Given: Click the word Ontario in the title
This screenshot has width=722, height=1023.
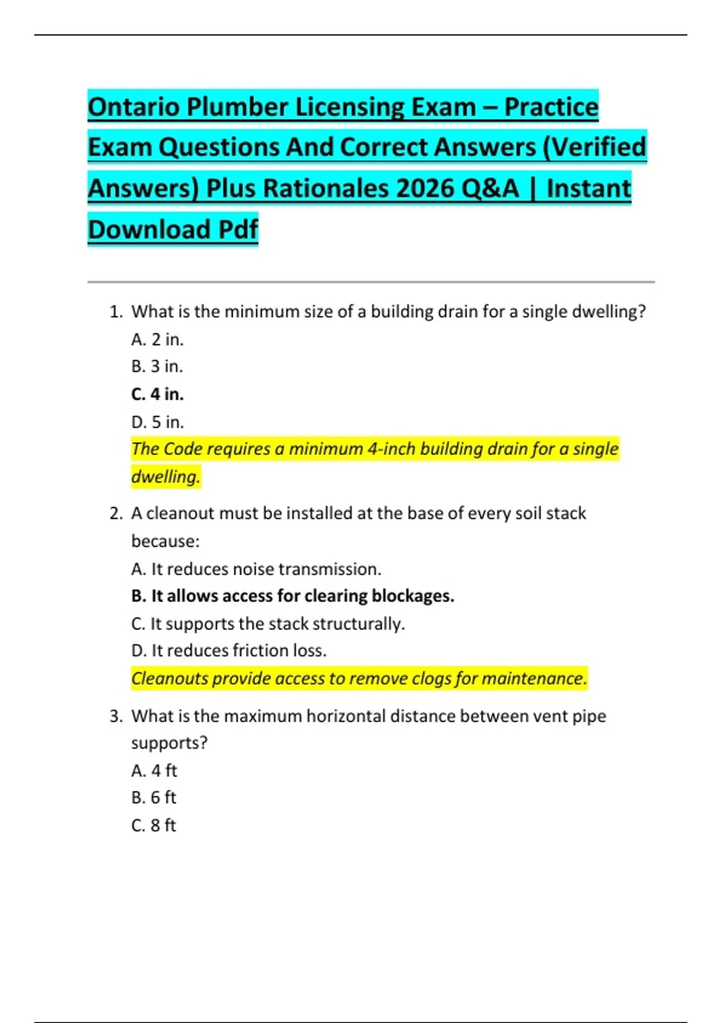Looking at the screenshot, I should (x=133, y=107).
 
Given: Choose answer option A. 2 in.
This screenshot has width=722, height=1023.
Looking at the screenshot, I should (x=157, y=339).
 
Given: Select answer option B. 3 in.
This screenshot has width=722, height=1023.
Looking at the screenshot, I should (x=157, y=366).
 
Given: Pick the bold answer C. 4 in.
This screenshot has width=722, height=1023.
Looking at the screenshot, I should (x=157, y=394).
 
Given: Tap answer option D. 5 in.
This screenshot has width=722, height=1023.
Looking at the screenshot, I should (x=157, y=422).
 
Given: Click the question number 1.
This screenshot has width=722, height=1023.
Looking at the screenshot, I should (x=116, y=312).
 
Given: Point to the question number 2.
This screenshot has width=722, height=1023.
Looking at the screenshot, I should (x=116, y=513).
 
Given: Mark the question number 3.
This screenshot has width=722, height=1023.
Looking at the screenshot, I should (x=116, y=716).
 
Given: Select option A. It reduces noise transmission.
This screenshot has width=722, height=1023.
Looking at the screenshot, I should (x=256, y=569).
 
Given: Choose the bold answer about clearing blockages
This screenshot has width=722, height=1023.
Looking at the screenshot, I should (x=292, y=596).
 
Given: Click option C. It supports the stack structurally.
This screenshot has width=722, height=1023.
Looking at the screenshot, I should (x=268, y=623).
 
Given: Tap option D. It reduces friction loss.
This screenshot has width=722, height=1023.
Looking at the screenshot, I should (x=229, y=651).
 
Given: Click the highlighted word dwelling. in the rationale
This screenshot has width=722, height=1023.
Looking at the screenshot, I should (x=165, y=477).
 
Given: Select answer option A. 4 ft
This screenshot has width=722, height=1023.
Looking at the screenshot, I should (x=154, y=770).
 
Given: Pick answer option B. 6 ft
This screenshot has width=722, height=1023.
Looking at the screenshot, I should (x=153, y=797).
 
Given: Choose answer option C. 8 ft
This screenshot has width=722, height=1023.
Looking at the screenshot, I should (x=153, y=825).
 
